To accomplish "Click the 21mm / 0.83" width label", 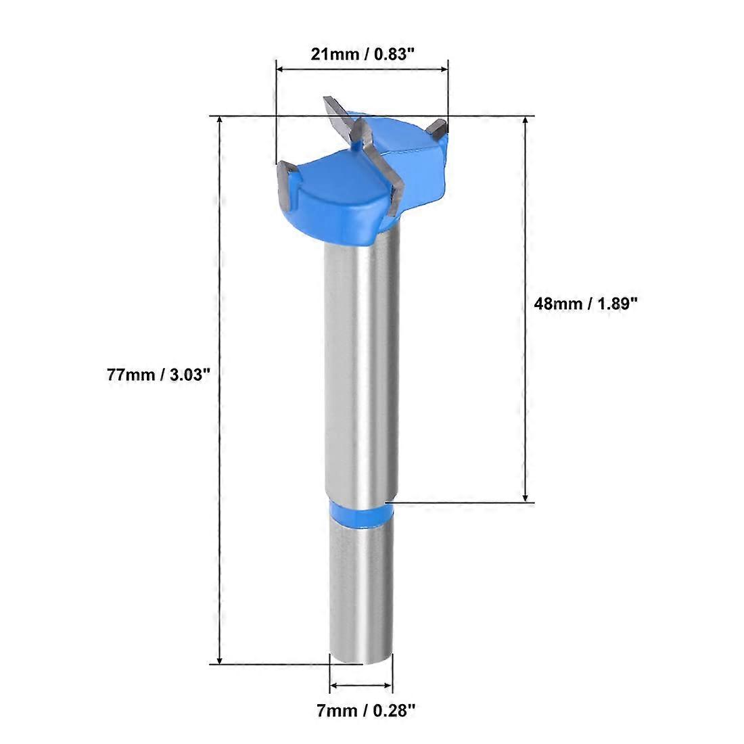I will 362,55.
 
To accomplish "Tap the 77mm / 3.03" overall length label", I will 155,375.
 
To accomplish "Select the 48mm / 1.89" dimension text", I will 586,304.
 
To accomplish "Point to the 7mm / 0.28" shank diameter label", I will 363,711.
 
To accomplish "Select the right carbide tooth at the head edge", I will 440,129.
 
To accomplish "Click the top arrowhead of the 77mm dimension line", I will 219,122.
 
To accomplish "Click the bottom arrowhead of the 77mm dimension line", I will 219,659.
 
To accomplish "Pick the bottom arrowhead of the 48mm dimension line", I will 526,497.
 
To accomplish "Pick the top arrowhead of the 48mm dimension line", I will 526,122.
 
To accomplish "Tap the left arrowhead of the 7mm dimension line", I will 334,686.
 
